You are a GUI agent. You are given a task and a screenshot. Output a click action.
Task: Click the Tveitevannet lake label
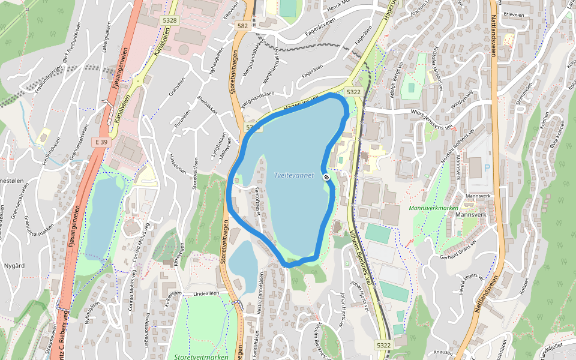[x=293, y=175]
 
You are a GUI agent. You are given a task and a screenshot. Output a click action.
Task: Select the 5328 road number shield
[x=169, y=20]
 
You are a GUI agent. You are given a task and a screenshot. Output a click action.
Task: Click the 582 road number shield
[x=242, y=26]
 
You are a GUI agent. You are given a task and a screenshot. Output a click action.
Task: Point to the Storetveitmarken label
[x=202, y=356]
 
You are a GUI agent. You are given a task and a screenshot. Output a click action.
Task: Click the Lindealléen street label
[x=205, y=294]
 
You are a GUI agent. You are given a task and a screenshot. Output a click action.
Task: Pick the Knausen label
[x=442, y=352]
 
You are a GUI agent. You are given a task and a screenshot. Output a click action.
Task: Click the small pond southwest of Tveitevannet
[x=242, y=260]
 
